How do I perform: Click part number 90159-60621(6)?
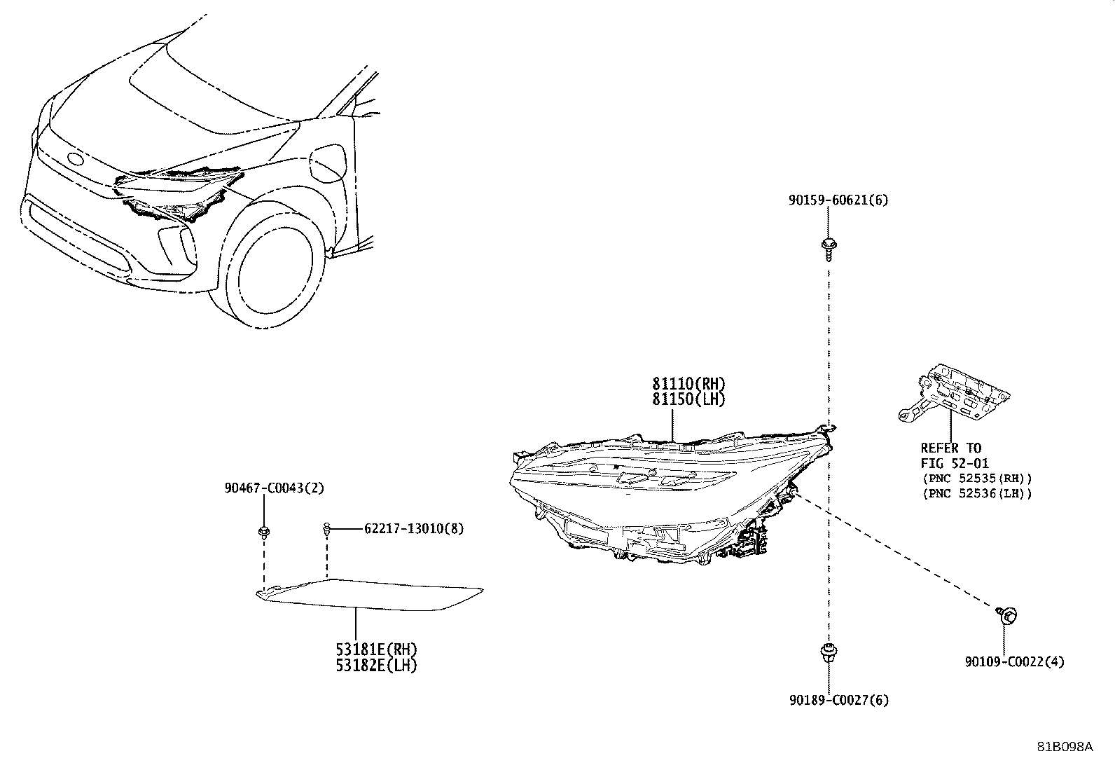[x=838, y=200]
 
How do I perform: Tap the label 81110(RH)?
[x=689, y=383]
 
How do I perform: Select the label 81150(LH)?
[x=689, y=399]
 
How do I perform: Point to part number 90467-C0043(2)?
[x=275, y=488]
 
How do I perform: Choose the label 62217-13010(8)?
[x=414, y=528]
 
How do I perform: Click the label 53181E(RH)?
[x=376, y=649]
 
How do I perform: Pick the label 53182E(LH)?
[x=376, y=666]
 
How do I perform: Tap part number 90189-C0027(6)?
[x=839, y=700]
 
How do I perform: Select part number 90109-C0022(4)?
[x=1014, y=662]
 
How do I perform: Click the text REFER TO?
[x=950, y=448]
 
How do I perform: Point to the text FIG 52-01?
[x=954, y=464]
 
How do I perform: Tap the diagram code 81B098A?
[x=1065, y=747]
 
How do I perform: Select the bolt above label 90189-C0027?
[x=829, y=654]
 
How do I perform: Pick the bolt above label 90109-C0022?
[x=1007, y=616]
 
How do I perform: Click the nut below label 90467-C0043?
[x=264, y=532]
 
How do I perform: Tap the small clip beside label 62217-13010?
[x=326, y=530]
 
